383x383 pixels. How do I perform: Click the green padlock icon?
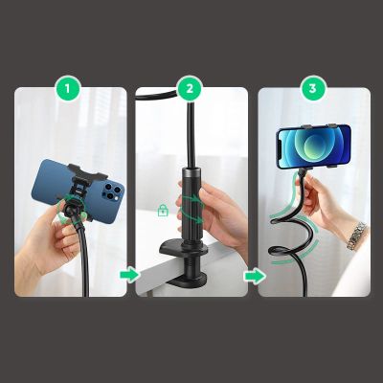point(163,210)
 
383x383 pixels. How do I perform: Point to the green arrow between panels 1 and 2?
point(128,276)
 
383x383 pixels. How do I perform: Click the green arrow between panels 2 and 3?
point(252,276)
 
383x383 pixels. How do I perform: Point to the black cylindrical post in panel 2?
point(189,206)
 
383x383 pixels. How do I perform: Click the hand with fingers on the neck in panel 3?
point(330,201)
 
